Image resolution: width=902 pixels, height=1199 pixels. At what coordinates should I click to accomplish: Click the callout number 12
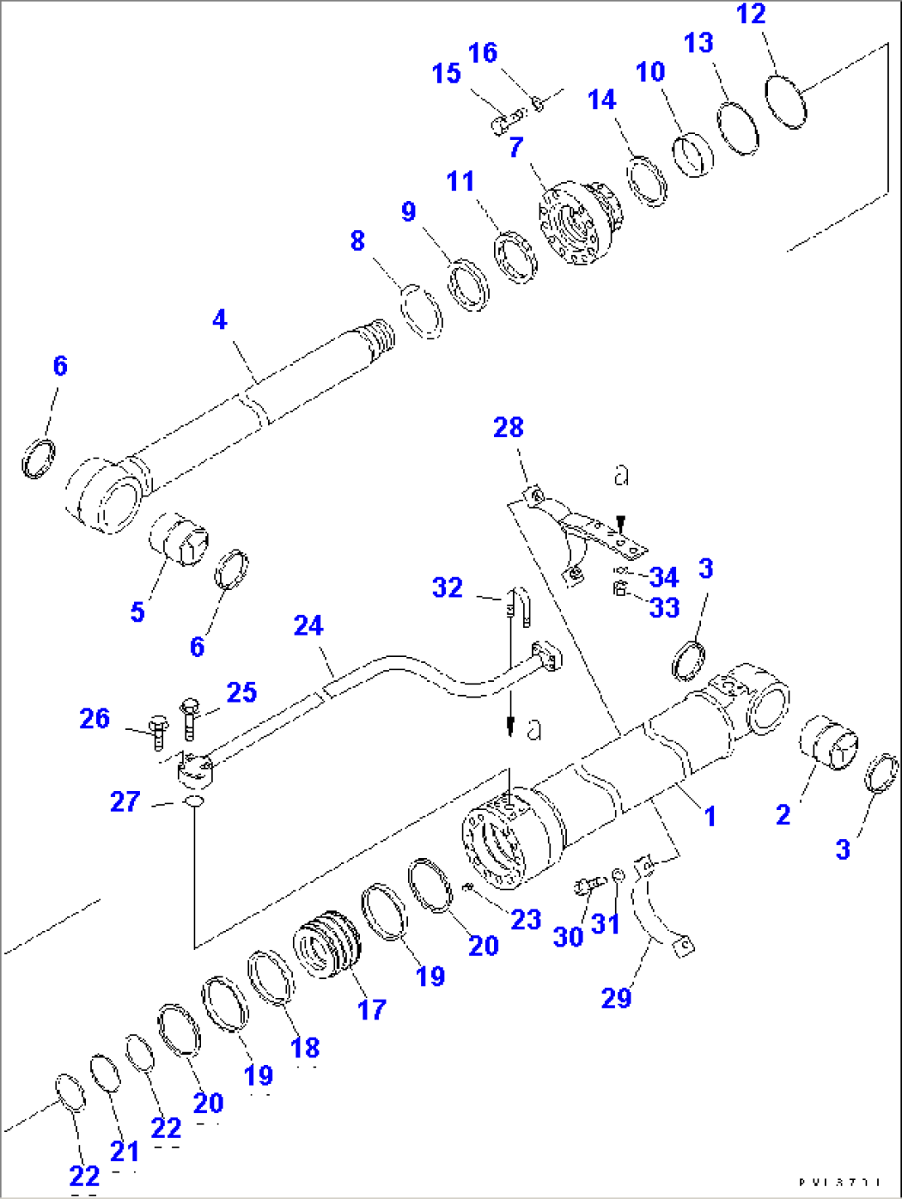751,14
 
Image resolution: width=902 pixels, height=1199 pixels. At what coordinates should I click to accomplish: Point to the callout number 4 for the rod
219,319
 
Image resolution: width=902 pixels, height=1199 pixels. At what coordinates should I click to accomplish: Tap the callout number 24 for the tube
308,626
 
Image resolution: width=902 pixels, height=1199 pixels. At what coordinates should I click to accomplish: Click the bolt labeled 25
189,720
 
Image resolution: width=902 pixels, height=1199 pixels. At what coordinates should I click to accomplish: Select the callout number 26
94,718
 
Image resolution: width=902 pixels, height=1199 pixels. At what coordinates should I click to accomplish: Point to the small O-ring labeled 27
192,802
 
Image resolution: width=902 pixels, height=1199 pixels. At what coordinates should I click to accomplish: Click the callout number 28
508,428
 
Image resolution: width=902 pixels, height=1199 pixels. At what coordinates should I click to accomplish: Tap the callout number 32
447,588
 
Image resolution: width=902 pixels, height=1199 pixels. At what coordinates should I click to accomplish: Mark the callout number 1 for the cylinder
709,817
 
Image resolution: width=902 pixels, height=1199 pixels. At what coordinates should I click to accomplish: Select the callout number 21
124,1150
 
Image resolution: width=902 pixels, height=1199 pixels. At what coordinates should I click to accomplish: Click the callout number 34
664,577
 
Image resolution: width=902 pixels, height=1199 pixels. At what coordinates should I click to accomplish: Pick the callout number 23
525,919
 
